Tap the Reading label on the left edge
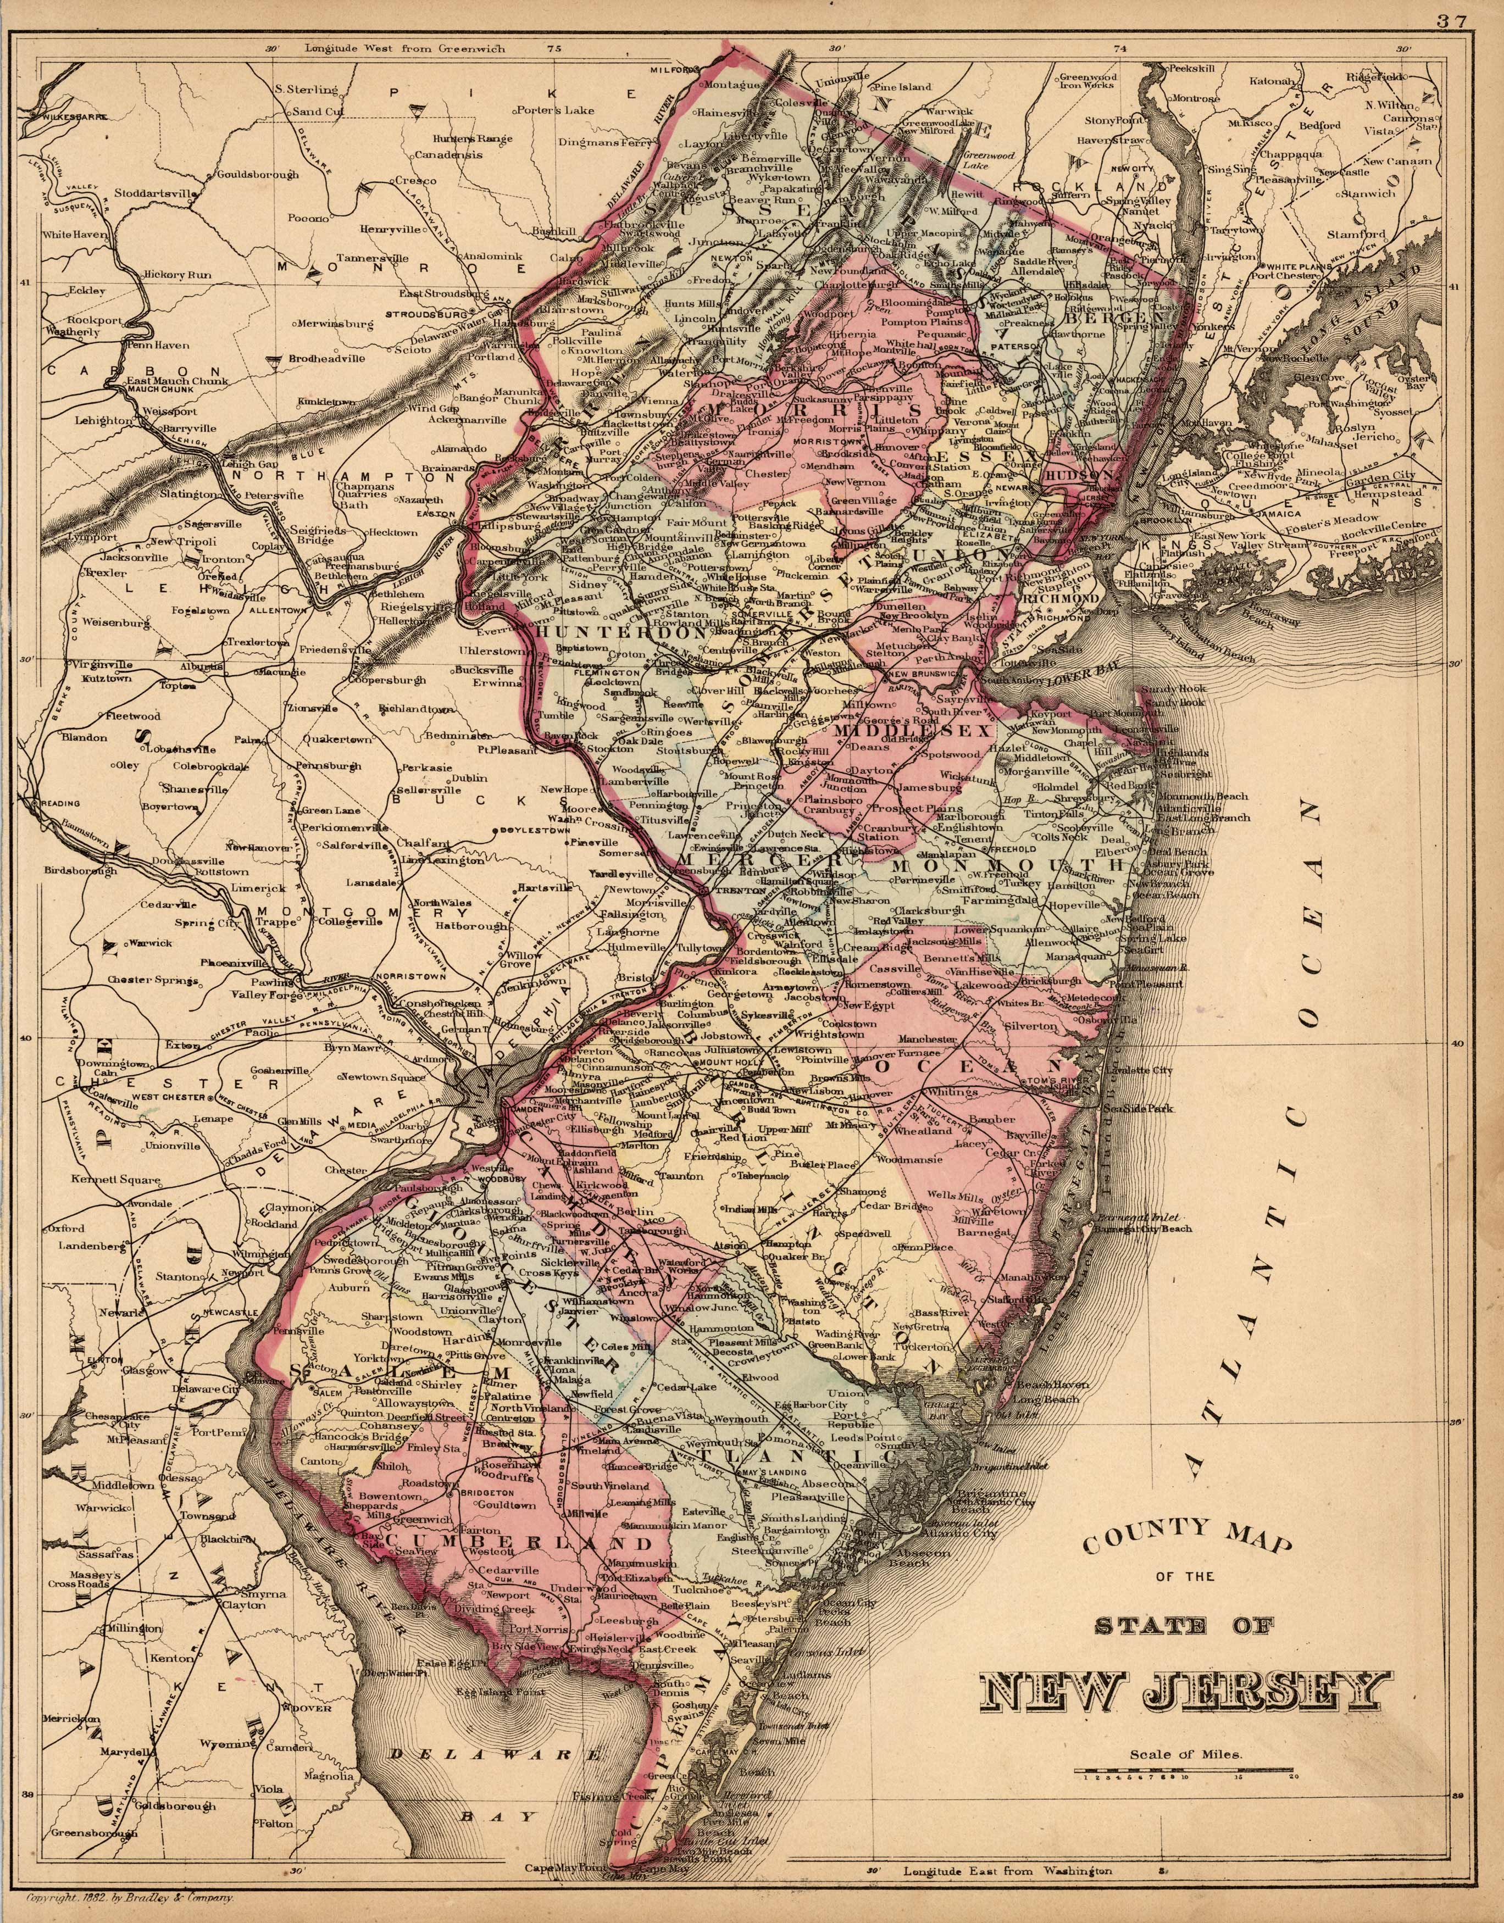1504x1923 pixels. (x=58, y=803)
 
